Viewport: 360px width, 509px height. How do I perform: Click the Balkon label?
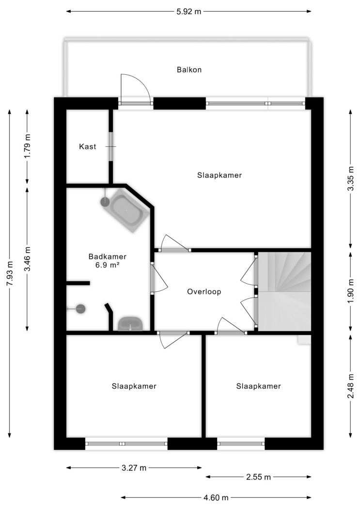(189, 70)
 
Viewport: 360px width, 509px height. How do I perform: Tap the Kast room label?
(88, 147)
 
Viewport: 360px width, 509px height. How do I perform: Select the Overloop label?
(204, 291)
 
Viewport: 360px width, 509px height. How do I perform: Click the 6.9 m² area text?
(107, 265)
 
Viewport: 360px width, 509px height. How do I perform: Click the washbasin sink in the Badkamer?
(130, 324)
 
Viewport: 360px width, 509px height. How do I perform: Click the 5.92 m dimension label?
(189, 12)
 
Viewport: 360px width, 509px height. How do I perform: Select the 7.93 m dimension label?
(10, 273)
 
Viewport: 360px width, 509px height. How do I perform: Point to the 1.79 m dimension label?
(27, 146)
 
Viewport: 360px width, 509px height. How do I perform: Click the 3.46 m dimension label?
(27, 259)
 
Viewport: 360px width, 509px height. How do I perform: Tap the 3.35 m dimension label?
(351, 179)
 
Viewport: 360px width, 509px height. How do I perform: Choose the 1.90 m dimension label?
(351, 291)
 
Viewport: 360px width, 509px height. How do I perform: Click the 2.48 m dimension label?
(351, 386)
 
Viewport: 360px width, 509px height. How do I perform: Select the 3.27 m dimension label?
(134, 468)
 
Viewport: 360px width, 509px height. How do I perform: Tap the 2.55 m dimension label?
(258, 477)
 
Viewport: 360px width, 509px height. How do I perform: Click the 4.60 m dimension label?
(216, 497)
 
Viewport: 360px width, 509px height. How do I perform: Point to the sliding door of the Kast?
(110, 146)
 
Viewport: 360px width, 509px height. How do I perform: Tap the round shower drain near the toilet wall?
(80, 309)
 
